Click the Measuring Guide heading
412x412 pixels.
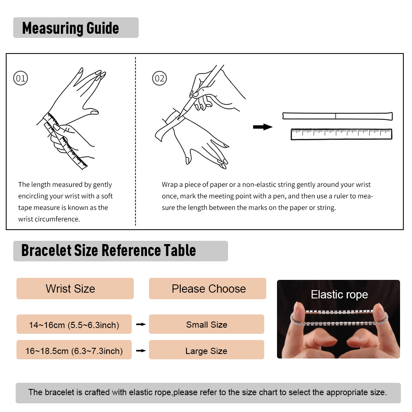(x=70, y=28)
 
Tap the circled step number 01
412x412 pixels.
(x=21, y=78)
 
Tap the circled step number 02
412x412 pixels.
(x=159, y=78)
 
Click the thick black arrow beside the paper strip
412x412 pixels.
(x=263, y=127)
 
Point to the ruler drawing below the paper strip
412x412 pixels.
(x=341, y=134)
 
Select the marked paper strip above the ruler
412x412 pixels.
(x=337, y=116)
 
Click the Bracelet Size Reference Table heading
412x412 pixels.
(x=109, y=250)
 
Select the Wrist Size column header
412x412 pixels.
(x=70, y=289)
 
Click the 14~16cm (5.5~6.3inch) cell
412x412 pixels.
(x=74, y=325)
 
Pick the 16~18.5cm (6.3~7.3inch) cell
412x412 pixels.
(x=74, y=351)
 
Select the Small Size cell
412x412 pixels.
(x=207, y=325)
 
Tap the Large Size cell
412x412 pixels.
(x=206, y=351)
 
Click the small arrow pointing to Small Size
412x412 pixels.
(x=141, y=325)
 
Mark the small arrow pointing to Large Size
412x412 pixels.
(x=141, y=351)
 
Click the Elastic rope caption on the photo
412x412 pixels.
(x=339, y=295)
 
